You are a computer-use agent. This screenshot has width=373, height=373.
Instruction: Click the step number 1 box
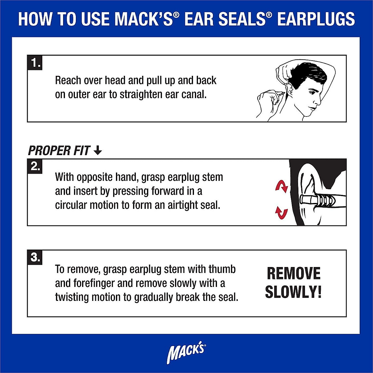tap(35, 63)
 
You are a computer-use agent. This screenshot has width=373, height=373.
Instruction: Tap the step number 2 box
tap(35, 167)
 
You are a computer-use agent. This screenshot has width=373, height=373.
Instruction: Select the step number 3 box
tap(35, 257)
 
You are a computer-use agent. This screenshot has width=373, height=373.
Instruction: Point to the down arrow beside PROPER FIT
tap(98, 151)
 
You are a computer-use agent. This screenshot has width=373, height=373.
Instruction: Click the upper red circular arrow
tap(282, 187)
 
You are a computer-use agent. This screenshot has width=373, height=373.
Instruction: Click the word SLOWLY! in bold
tap(293, 292)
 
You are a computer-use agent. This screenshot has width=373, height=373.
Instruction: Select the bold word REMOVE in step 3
tap(293, 274)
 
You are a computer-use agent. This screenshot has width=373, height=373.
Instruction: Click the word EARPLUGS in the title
tap(316, 19)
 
